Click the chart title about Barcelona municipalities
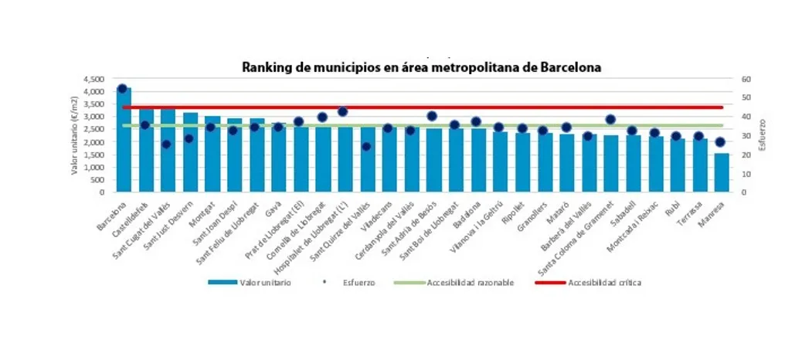click(x=421, y=67)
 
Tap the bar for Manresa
click(x=721, y=172)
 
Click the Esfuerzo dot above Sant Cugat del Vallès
click(x=166, y=144)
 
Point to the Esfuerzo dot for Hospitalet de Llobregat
click(x=342, y=111)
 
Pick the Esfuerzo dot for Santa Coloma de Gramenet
click(x=610, y=119)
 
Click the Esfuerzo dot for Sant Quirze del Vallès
click(x=365, y=146)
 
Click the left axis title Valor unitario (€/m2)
click(x=75, y=135)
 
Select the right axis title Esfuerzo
click(x=763, y=135)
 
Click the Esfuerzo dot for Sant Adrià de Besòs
click(x=432, y=116)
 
